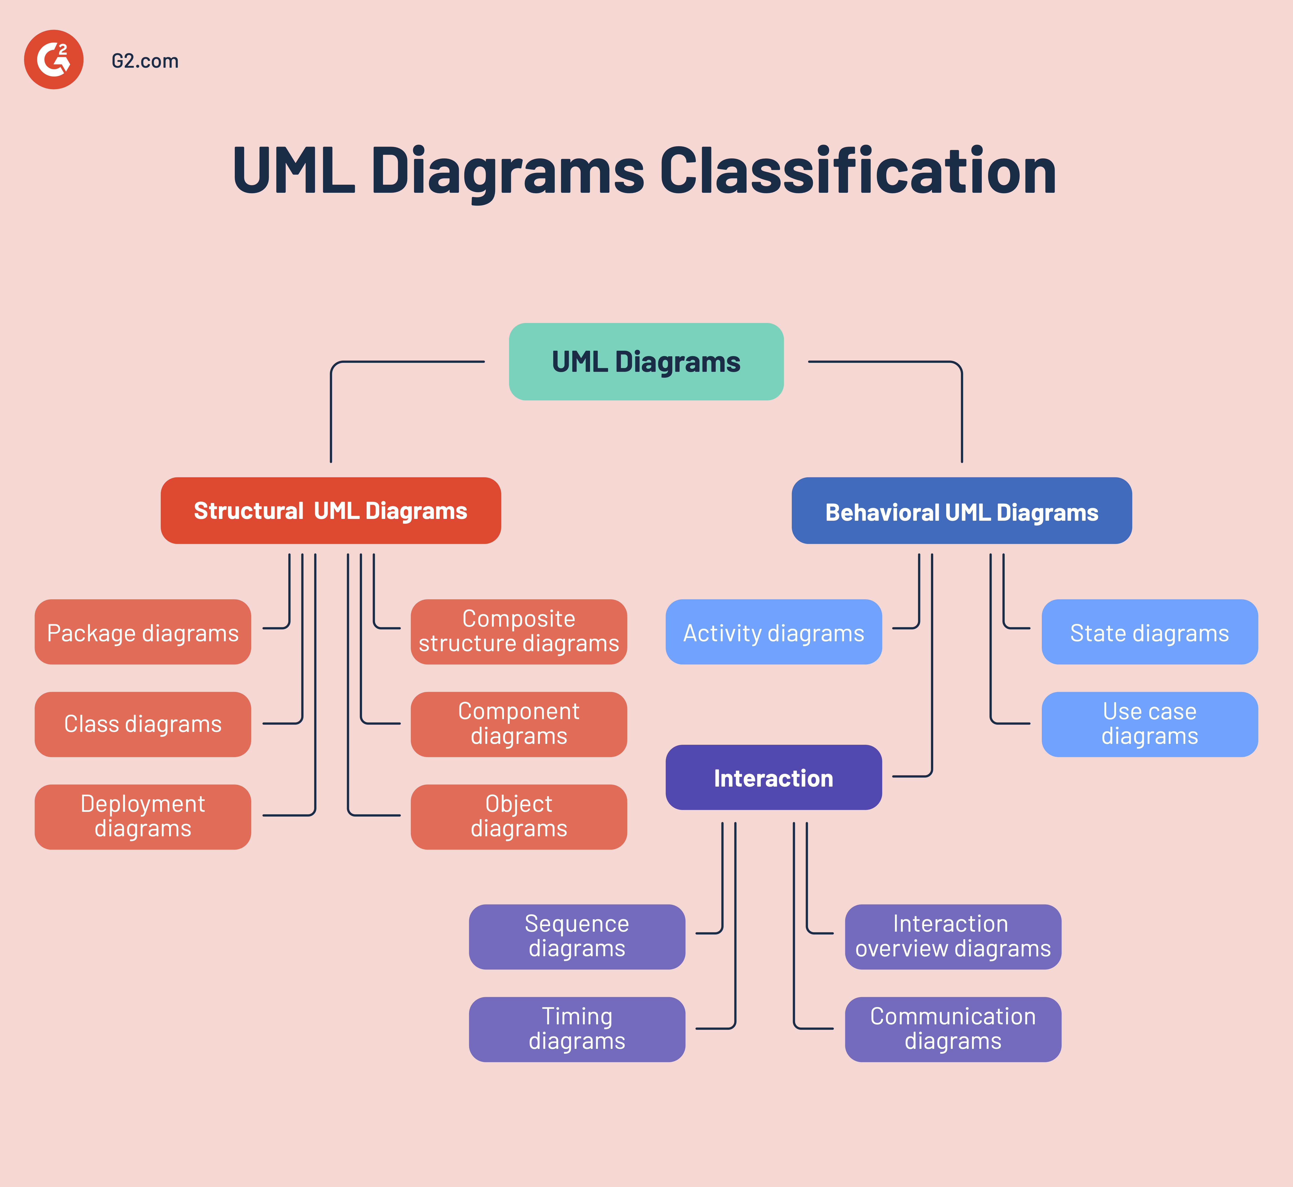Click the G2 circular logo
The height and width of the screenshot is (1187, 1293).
pos(54,60)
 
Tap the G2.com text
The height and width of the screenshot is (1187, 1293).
pos(145,61)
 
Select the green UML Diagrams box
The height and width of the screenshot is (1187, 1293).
pos(646,362)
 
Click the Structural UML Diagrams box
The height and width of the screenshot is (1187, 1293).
pos(331,511)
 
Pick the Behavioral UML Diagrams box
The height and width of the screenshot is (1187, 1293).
pos(961,511)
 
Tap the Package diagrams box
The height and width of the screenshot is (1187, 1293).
pos(143,632)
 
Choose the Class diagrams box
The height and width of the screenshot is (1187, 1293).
pos(143,724)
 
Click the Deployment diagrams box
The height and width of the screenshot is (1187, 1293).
pos(143,816)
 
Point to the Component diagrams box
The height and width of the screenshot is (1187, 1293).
pos(519,724)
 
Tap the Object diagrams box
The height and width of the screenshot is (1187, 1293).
pos(519,816)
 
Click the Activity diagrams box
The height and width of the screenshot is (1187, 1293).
pos(774,632)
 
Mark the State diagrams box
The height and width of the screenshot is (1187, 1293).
pos(1149,632)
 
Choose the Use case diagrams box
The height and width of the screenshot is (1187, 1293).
pos(1149,724)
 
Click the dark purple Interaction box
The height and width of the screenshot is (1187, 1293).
pos(774,777)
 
